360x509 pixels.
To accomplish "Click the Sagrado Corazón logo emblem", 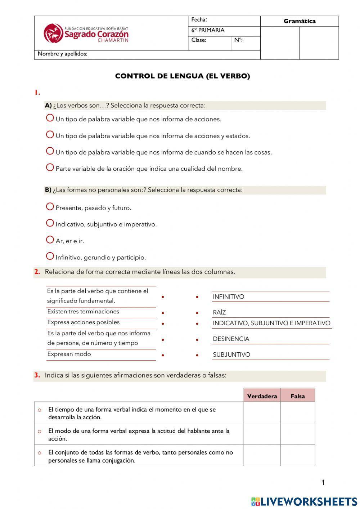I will (x=53, y=33).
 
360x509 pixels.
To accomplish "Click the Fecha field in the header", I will (x=224, y=21).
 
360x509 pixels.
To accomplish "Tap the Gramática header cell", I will (x=299, y=21).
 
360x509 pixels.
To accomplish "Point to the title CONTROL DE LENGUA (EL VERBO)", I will (x=182, y=76).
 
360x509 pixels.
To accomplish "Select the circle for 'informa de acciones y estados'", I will (x=50, y=135).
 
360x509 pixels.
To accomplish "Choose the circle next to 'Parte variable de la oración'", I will (x=50, y=168).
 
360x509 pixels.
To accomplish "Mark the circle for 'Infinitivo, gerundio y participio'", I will (x=50, y=256).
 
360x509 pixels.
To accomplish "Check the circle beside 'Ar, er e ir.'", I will (x=50, y=240).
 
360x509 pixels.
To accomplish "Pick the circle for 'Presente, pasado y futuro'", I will (x=50, y=207).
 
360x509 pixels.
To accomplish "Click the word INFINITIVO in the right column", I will (x=228, y=297).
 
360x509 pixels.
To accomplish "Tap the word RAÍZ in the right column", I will (x=219, y=313).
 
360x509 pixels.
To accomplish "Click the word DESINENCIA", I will (x=231, y=339).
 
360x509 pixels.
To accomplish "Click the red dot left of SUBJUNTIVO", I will (x=197, y=355).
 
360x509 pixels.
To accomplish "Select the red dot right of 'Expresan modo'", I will (x=163, y=355).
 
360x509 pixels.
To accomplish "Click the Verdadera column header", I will (x=262, y=396).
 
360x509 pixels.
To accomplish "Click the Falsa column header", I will (x=297, y=396).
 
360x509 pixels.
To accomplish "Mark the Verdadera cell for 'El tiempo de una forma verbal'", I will (x=262, y=413).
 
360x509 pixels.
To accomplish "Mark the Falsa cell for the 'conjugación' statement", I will (x=297, y=455).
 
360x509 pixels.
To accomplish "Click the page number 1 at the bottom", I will (x=323, y=483).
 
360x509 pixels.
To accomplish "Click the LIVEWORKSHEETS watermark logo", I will (x=304, y=501).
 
